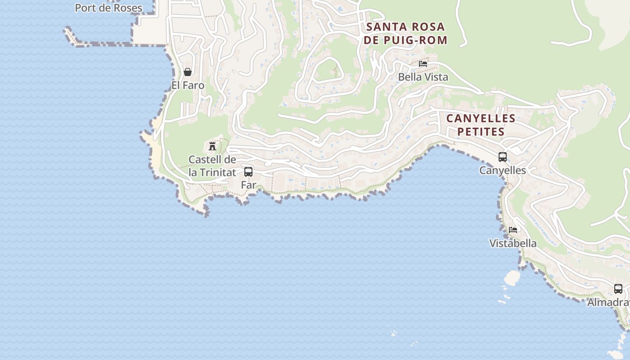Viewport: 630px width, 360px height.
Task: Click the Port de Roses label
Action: click(x=108, y=8)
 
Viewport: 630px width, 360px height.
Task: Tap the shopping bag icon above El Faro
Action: click(x=188, y=72)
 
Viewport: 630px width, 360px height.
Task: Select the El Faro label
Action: click(x=188, y=85)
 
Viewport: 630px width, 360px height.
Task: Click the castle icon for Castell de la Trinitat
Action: click(x=212, y=146)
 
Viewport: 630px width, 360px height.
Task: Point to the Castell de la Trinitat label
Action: click(x=212, y=166)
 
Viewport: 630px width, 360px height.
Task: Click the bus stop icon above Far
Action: click(x=248, y=171)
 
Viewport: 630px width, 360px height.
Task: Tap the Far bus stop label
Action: click(x=248, y=184)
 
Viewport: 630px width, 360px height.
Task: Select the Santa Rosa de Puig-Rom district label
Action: click(x=406, y=33)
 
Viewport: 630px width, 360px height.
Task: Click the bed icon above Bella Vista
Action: click(x=423, y=64)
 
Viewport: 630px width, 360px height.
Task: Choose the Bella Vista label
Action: click(x=423, y=77)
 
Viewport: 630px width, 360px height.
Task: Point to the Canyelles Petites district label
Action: click(x=481, y=125)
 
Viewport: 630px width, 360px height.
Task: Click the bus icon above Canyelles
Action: click(x=503, y=157)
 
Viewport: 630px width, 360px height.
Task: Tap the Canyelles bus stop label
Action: click(x=503, y=170)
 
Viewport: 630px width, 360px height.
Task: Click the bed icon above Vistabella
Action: click(x=513, y=230)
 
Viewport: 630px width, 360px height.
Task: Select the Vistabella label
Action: click(x=513, y=243)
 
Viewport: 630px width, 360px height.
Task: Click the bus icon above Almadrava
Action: click(x=618, y=289)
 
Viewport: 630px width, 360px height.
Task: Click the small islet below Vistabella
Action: click(x=512, y=277)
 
